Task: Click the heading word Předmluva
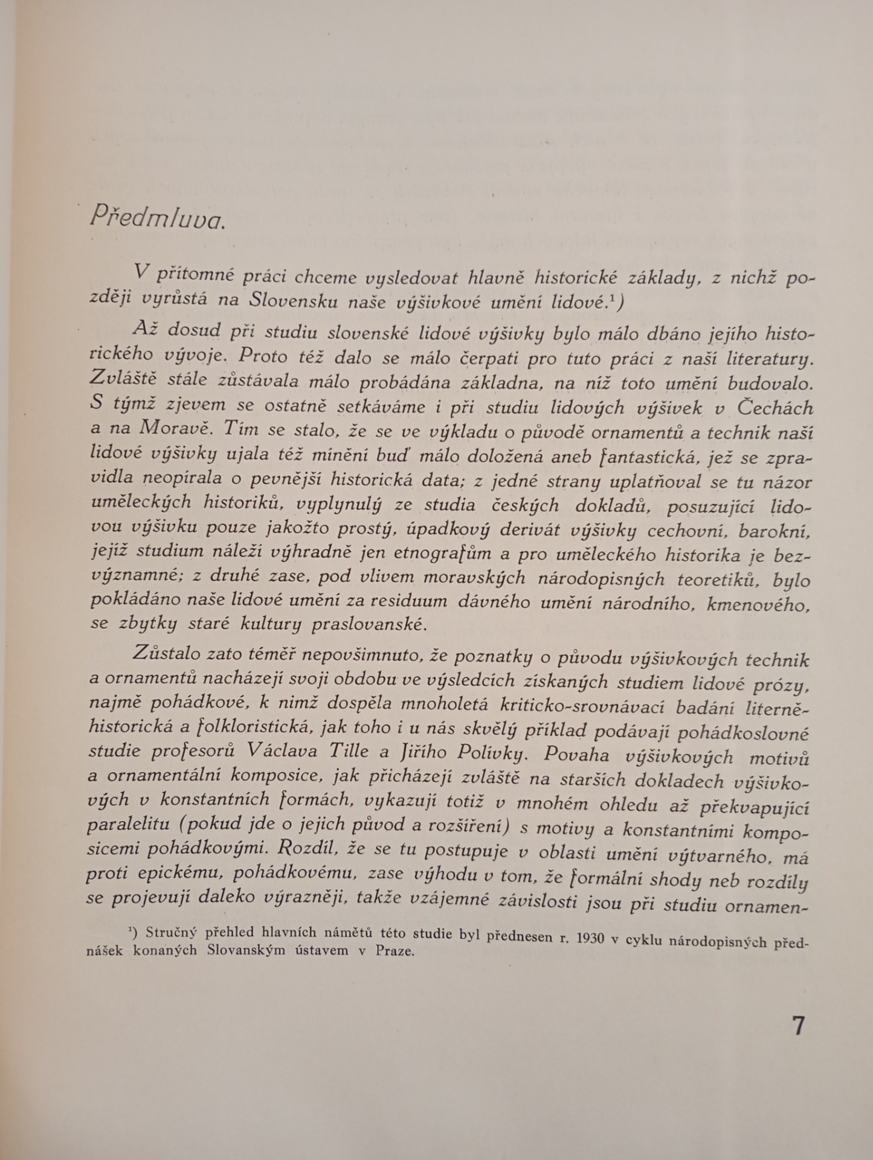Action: [156, 217]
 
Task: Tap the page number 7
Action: [798, 1026]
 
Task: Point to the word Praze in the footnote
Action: [395, 951]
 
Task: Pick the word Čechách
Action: [775, 407]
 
